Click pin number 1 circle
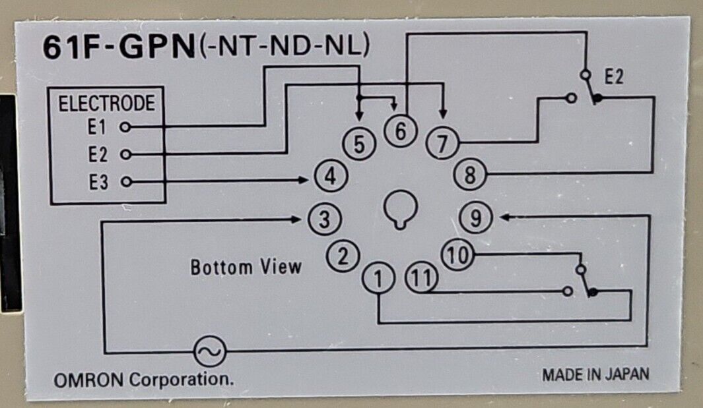coord(377,279)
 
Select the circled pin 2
coord(342,256)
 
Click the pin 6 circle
coord(400,131)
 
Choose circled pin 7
coord(442,142)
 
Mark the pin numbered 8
coord(470,176)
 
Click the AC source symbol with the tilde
coord(209,351)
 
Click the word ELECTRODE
coord(106,104)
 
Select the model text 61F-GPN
coord(118,49)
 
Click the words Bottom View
coord(246,268)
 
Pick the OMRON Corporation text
coord(143,380)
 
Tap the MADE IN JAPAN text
coord(595,374)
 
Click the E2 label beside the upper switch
coord(613,78)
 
